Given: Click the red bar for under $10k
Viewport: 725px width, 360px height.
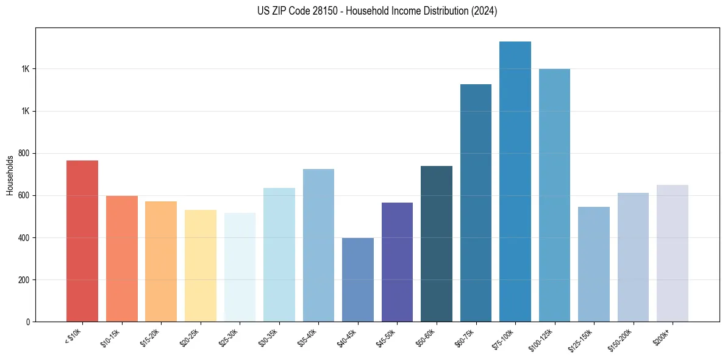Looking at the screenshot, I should pyautogui.click(x=82, y=241).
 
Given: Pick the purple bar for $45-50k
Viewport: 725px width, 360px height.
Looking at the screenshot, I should pyautogui.click(x=397, y=262).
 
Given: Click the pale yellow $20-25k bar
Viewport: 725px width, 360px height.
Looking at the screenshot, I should pyautogui.click(x=200, y=266).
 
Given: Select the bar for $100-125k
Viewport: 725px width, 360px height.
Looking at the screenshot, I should pyautogui.click(x=554, y=195).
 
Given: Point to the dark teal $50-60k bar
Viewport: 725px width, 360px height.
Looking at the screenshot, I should pyautogui.click(x=436, y=244).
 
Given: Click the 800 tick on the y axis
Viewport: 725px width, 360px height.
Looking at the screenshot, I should pyautogui.click(x=24, y=153).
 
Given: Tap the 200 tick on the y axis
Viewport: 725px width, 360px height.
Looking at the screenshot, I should pyautogui.click(x=24, y=280).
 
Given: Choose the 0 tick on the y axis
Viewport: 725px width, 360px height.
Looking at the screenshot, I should pyautogui.click(x=28, y=322).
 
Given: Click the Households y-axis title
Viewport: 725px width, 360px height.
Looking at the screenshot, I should pyautogui.click(x=10, y=175).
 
